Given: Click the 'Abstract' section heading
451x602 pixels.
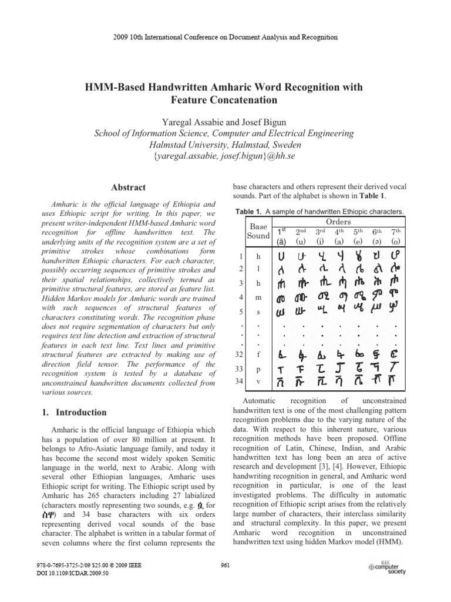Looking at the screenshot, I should [128, 188].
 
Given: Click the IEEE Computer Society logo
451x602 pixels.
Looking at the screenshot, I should [387, 567].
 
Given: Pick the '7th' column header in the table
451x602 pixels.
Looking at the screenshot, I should [398, 232].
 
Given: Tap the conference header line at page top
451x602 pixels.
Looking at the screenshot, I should [225, 37].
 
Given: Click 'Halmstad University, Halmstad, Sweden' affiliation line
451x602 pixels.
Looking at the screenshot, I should [225, 145].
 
